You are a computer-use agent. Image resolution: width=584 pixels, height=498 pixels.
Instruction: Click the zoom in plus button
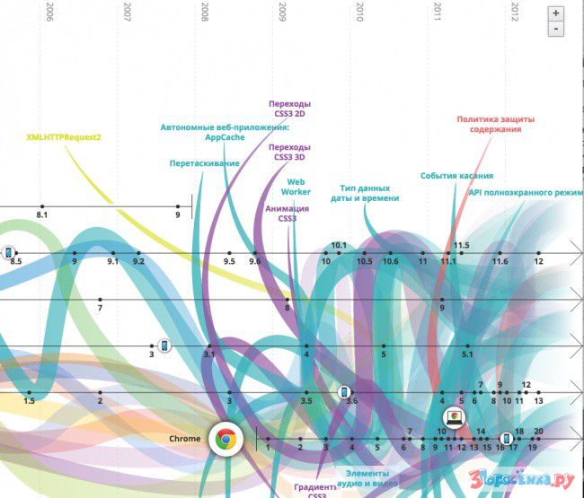tap(557, 13)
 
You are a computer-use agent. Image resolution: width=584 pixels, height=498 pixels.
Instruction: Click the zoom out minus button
tap(557, 29)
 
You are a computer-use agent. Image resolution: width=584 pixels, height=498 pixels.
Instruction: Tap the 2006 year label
tap(49, 12)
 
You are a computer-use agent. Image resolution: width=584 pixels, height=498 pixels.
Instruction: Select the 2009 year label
tap(284, 12)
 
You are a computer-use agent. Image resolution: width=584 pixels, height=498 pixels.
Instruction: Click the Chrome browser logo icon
tap(225, 440)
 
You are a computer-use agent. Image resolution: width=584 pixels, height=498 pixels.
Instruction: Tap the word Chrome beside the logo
tap(184, 439)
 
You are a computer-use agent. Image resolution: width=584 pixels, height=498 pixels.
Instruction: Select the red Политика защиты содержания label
tap(489, 124)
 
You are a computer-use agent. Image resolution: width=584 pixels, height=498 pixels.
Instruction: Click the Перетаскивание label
tap(204, 163)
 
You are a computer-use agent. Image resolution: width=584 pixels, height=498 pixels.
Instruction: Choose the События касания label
tap(456, 176)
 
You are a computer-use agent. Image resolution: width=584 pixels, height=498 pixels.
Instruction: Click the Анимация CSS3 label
tap(288, 214)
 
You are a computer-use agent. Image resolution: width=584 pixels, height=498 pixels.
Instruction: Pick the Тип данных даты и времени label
tap(368, 193)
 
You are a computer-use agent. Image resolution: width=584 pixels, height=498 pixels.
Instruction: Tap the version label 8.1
tap(41, 216)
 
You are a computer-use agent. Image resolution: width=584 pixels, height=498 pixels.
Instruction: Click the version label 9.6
tap(255, 261)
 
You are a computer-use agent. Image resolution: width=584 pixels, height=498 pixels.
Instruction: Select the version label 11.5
tap(462, 245)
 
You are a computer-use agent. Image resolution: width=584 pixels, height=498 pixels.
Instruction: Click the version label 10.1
tap(339, 245)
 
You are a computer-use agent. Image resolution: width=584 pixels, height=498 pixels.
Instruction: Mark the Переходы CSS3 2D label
tap(289, 109)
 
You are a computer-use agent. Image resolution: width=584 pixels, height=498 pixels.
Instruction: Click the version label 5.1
tap(468, 354)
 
